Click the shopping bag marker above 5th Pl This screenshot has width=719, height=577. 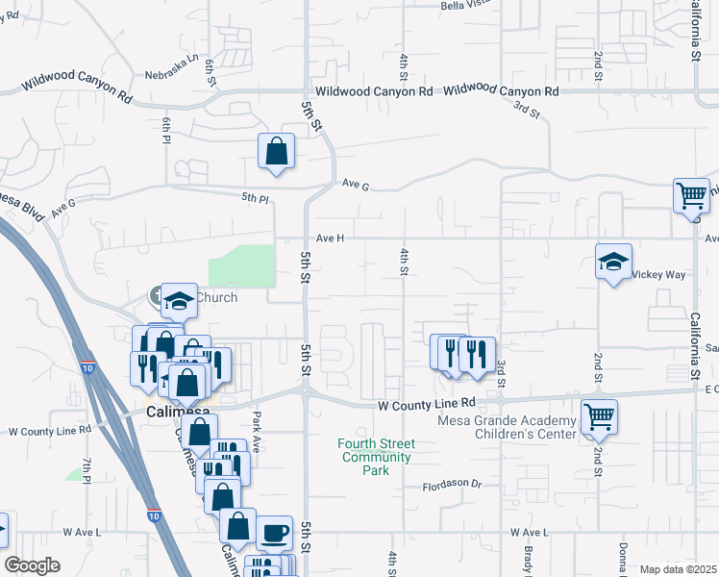[x=276, y=151]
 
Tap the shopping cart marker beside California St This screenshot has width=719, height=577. [x=691, y=196]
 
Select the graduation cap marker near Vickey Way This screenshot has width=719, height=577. [x=613, y=263]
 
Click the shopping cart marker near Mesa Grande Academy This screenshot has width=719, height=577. [x=599, y=417]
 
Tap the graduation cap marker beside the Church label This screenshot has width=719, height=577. [x=179, y=301]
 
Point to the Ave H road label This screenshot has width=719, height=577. [x=329, y=238]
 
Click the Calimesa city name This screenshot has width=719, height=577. [x=178, y=412]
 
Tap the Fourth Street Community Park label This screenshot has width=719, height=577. [x=376, y=457]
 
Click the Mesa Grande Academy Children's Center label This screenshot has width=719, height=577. [x=507, y=427]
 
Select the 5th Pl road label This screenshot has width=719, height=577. [x=256, y=197]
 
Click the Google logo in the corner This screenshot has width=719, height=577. [x=33, y=565]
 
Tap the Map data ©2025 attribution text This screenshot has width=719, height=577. [x=679, y=569]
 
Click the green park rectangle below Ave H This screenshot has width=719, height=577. [x=242, y=264]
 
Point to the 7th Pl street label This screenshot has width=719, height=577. [x=86, y=471]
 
